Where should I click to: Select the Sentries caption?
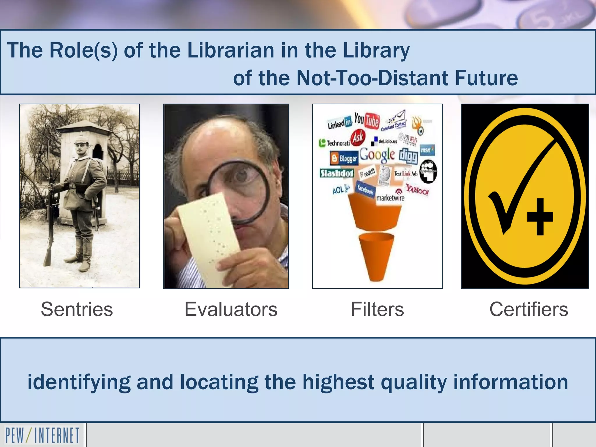tap(77, 309)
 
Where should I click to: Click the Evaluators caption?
tap(231, 309)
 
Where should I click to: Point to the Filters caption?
tap(377, 309)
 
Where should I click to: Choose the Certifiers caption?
tap(528, 309)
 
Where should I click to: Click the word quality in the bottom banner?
tap(414, 382)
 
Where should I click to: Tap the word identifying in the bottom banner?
tap(79, 382)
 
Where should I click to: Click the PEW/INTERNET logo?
tap(42, 435)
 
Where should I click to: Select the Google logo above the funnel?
tap(377, 155)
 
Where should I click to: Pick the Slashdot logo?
tap(337, 173)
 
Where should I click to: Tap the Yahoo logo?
tap(417, 190)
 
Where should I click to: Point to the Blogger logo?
tap(344, 158)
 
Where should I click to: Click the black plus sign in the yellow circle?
tap(540, 217)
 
